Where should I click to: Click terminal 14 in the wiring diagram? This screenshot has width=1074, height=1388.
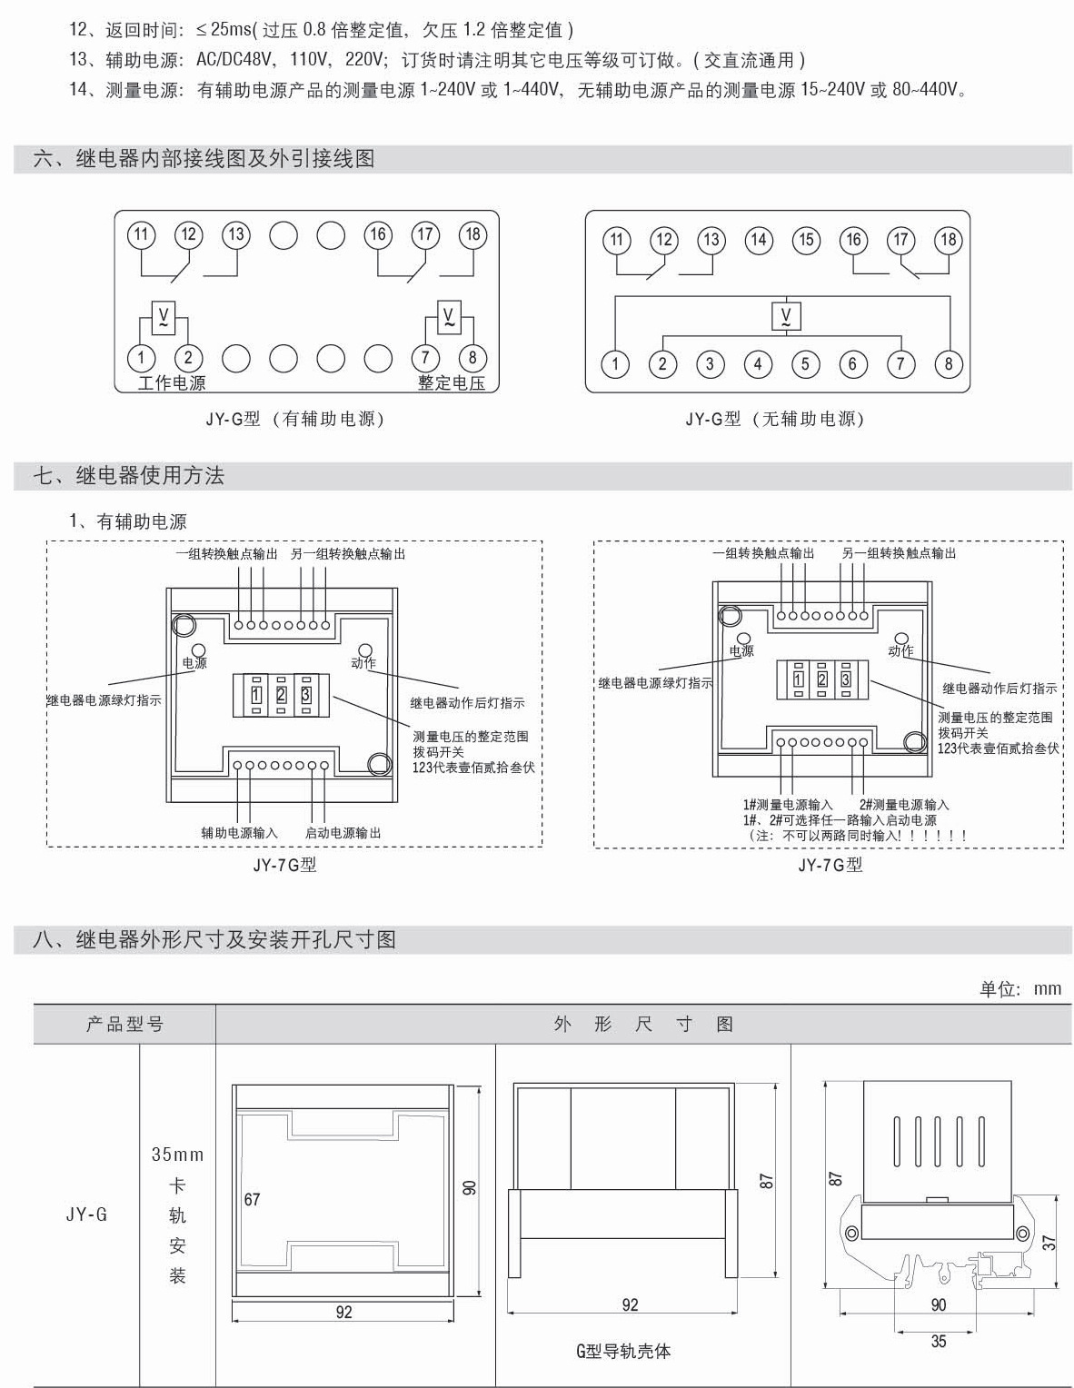[x=758, y=240]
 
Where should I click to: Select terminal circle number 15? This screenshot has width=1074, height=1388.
[x=806, y=240]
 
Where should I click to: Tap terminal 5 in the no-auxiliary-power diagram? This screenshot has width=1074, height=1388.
[x=805, y=364]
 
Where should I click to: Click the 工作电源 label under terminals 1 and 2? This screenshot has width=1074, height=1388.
[x=172, y=382]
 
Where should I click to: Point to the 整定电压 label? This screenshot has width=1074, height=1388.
[x=452, y=382]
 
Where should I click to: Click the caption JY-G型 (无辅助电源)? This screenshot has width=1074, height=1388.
[x=774, y=419]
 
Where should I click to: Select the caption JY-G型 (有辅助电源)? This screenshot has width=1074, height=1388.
[x=294, y=419]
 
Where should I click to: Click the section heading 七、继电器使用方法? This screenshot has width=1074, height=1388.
[x=129, y=475]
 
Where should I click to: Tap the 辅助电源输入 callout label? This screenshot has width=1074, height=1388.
[x=240, y=832]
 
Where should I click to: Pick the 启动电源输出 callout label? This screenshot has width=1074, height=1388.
[x=343, y=832]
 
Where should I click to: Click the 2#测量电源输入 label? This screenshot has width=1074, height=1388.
[x=904, y=804]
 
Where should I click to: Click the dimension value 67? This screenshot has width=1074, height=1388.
[x=252, y=1199]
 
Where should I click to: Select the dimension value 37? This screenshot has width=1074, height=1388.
[x=1049, y=1241]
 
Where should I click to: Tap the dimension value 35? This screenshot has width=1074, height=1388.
[x=939, y=1341]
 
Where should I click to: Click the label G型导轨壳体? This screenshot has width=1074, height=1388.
[x=623, y=1351]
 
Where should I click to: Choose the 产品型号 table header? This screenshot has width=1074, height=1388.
[x=124, y=1024]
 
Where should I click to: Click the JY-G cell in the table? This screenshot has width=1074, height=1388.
[x=86, y=1214]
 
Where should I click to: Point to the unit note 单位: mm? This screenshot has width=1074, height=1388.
[x=1019, y=988]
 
